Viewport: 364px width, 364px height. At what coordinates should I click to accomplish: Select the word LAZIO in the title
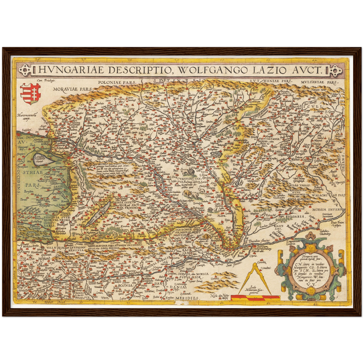(271, 70)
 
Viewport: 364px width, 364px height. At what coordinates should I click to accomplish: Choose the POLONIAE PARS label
(117, 82)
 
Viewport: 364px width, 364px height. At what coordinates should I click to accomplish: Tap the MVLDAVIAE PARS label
(319, 82)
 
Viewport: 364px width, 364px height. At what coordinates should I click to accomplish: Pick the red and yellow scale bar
(255, 298)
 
